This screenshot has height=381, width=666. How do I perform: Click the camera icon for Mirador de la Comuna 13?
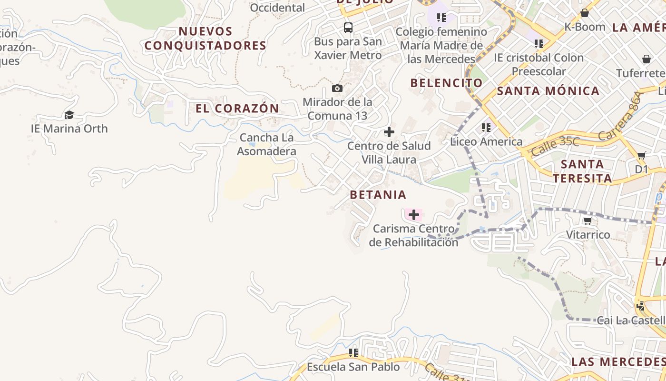pyautogui.click(x=337, y=88)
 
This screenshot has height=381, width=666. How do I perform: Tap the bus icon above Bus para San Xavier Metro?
pyautogui.click(x=348, y=27)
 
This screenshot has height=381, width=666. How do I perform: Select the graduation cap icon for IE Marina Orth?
pyautogui.click(x=69, y=115)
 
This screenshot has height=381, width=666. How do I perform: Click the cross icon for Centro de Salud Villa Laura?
pyautogui.click(x=389, y=132)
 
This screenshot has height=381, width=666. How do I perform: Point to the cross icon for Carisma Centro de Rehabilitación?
pyautogui.click(x=414, y=215)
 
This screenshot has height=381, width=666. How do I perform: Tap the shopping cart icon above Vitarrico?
pyautogui.click(x=588, y=221)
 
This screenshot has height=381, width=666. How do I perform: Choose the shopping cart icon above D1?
pyautogui.click(x=641, y=155)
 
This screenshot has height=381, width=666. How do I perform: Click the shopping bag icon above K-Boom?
pyautogui.click(x=584, y=13)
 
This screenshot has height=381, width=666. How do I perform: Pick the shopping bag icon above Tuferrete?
pyautogui.click(x=646, y=59)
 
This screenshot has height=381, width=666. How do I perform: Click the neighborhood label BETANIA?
pyautogui.click(x=378, y=194)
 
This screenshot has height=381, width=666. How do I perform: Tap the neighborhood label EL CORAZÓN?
pyautogui.click(x=237, y=108)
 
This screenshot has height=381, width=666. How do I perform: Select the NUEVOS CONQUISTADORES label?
pyautogui.click(x=206, y=39)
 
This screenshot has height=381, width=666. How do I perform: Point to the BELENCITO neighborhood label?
pyautogui.click(x=447, y=83)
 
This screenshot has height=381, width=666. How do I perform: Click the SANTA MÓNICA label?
pyautogui.click(x=548, y=91)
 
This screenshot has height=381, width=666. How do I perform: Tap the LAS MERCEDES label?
pyautogui.click(x=618, y=361)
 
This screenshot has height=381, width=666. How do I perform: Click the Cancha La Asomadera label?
pyautogui.click(x=266, y=144)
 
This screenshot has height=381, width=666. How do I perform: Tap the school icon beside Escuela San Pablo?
pyautogui.click(x=353, y=353)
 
